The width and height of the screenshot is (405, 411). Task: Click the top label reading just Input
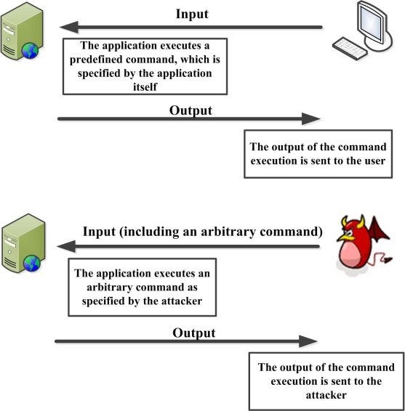point(192,14)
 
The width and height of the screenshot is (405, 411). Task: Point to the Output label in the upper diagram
point(191,110)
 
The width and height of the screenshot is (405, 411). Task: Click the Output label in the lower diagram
point(194,333)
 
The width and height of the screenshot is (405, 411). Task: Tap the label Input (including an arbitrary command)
point(202,232)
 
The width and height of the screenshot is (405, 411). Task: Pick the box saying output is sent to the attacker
point(321,381)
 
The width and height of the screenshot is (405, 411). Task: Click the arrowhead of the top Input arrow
point(65,28)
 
